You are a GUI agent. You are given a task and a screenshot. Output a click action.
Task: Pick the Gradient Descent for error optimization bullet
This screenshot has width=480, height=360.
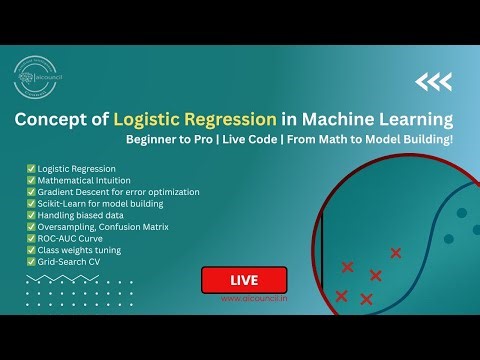(x=118, y=191)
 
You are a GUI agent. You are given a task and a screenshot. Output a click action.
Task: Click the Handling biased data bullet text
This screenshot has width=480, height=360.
(x=81, y=215)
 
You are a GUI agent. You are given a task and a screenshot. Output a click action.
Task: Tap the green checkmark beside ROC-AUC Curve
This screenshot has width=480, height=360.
(x=30, y=238)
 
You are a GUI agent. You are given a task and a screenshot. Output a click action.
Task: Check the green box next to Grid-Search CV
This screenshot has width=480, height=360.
(x=30, y=261)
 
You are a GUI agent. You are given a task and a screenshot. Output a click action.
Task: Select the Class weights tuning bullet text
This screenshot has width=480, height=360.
(x=79, y=250)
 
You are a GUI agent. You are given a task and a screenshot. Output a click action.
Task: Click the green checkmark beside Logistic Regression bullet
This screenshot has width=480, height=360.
(x=30, y=168)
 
